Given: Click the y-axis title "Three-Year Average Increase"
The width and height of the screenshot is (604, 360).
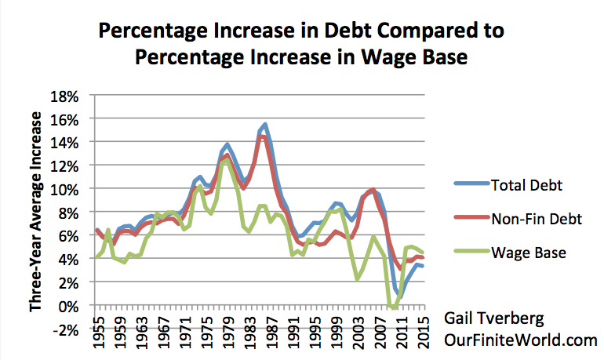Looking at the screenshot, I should tap(38, 212).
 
